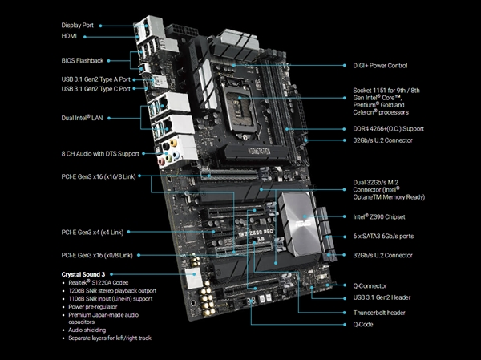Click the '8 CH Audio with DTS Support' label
(x=100, y=153)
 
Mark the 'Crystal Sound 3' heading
(x=90, y=274)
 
